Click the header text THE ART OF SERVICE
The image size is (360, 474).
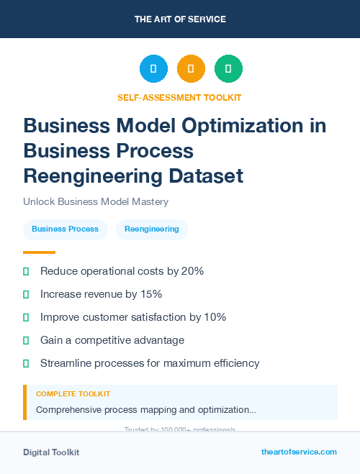(x=180, y=19)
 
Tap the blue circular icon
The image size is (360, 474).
(x=153, y=69)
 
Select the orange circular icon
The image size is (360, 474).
(x=191, y=69)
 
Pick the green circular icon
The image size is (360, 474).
(x=228, y=69)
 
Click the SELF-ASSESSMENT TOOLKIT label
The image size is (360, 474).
(x=179, y=97)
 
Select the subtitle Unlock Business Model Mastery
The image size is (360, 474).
(x=96, y=202)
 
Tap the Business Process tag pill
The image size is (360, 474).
(x=65, y=229)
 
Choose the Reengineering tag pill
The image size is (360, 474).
(x=152, y=229)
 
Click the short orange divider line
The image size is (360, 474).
(x=39, y=252)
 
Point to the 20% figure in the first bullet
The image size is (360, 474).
(x=193, y=271)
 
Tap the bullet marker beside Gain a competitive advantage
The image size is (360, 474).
(x=26, y=340)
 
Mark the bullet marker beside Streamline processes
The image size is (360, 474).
(x=26, y=363)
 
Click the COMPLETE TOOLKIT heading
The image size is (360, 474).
(x=73, y=394)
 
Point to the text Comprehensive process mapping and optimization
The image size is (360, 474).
(x=146, y=410)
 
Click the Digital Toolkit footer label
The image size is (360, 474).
(x=51, y=452)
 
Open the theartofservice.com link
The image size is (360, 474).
(x=299, y=452)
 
